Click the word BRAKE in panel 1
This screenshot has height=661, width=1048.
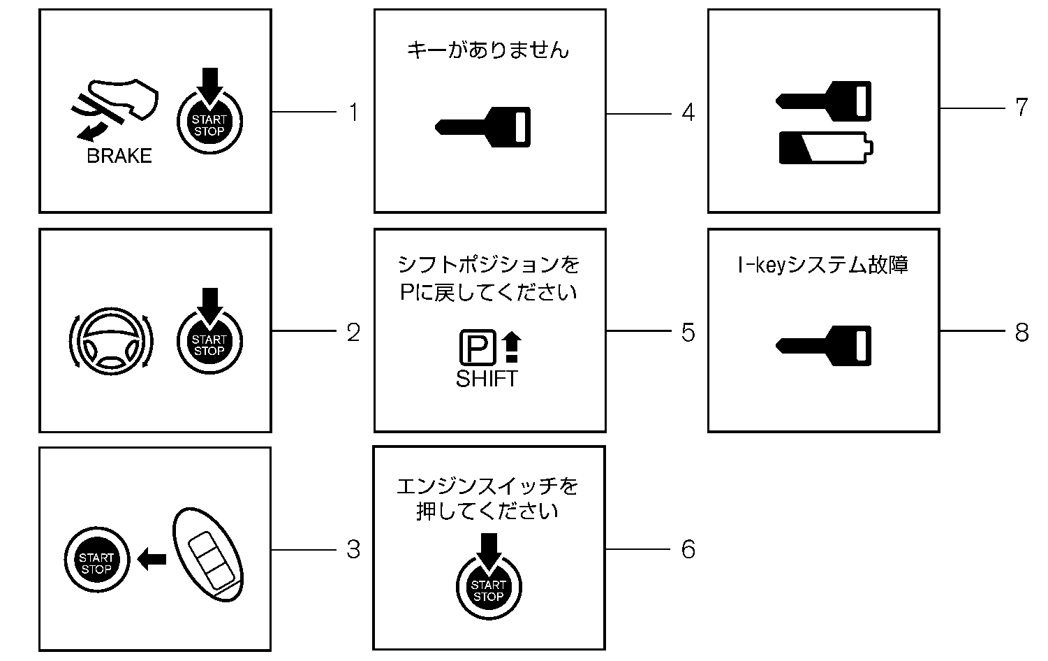(x=119, y=156)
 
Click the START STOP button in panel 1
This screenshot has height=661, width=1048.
(x=209, y=125)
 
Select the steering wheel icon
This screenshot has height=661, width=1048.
(x=111, y=341)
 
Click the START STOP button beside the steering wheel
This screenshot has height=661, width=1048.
(x=209, y=344)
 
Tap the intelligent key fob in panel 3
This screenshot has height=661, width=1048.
(x=209, y=554)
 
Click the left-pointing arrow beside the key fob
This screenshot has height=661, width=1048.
(x=152, y=558)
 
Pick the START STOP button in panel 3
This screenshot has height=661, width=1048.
(x=96, y=562)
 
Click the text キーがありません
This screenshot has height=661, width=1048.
(x=488, y=50)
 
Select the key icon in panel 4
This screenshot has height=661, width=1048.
(x=483, y=126)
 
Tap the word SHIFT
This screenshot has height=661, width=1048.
(x=487, y=379)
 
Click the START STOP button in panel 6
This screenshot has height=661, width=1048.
(x=488, y=590)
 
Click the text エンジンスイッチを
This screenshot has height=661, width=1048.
(x=487, y=486)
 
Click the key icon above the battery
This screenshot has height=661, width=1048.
(x=824, y=101)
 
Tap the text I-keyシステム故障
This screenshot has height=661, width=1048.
(x=822, y=266)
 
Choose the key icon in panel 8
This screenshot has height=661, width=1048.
(x=824, y=345)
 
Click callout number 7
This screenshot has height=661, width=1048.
(x=1021, y=108)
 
